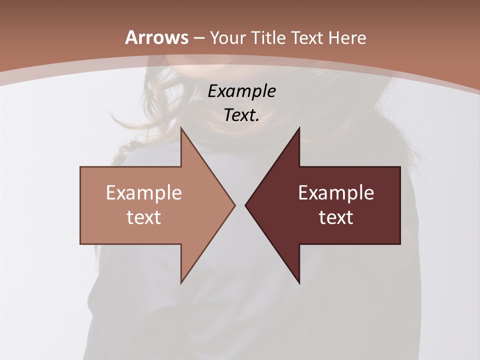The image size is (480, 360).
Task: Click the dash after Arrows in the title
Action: (199, 38)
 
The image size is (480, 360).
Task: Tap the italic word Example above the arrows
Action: (242, 91)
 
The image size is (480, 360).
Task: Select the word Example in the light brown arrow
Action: (144, 192)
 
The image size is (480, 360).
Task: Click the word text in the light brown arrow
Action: (144, 217)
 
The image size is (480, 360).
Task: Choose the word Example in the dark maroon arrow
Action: (336, 192)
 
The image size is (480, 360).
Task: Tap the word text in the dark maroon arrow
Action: (336, 217)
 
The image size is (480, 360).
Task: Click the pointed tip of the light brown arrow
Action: (234, 205)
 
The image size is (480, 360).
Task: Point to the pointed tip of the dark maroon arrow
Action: (245, 205)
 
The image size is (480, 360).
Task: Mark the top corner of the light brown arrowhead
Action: (181, 127)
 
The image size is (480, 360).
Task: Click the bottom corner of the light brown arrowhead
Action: (181, 283)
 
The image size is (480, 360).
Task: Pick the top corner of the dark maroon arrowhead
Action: (299, 127)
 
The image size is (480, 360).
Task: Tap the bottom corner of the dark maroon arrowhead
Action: (299, 283)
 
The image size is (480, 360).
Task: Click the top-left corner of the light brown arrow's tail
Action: (80, 167)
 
